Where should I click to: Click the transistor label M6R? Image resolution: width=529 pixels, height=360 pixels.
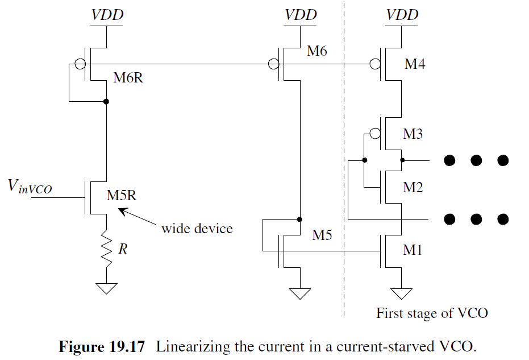[x=128, y=78]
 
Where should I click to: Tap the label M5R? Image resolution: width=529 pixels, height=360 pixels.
[x=122, y=196]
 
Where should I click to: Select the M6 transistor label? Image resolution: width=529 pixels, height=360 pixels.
[x=317, y=51]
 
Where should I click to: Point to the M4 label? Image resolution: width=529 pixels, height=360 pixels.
[x=415, y=64]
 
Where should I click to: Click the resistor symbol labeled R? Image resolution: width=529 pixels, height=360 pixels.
[x=106, y=248]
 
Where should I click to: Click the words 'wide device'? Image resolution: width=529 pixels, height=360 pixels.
[x=197, y=229]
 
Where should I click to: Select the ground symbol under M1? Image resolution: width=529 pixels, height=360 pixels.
[x=402, y=293]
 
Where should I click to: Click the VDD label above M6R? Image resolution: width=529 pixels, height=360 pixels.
[x=107, y=15]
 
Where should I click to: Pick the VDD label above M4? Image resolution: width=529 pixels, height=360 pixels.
[x=402, y=15]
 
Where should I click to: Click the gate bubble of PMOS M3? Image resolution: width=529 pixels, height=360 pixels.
[x=374, y=135]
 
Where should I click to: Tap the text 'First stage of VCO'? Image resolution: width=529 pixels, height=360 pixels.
[x=432, y=313]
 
